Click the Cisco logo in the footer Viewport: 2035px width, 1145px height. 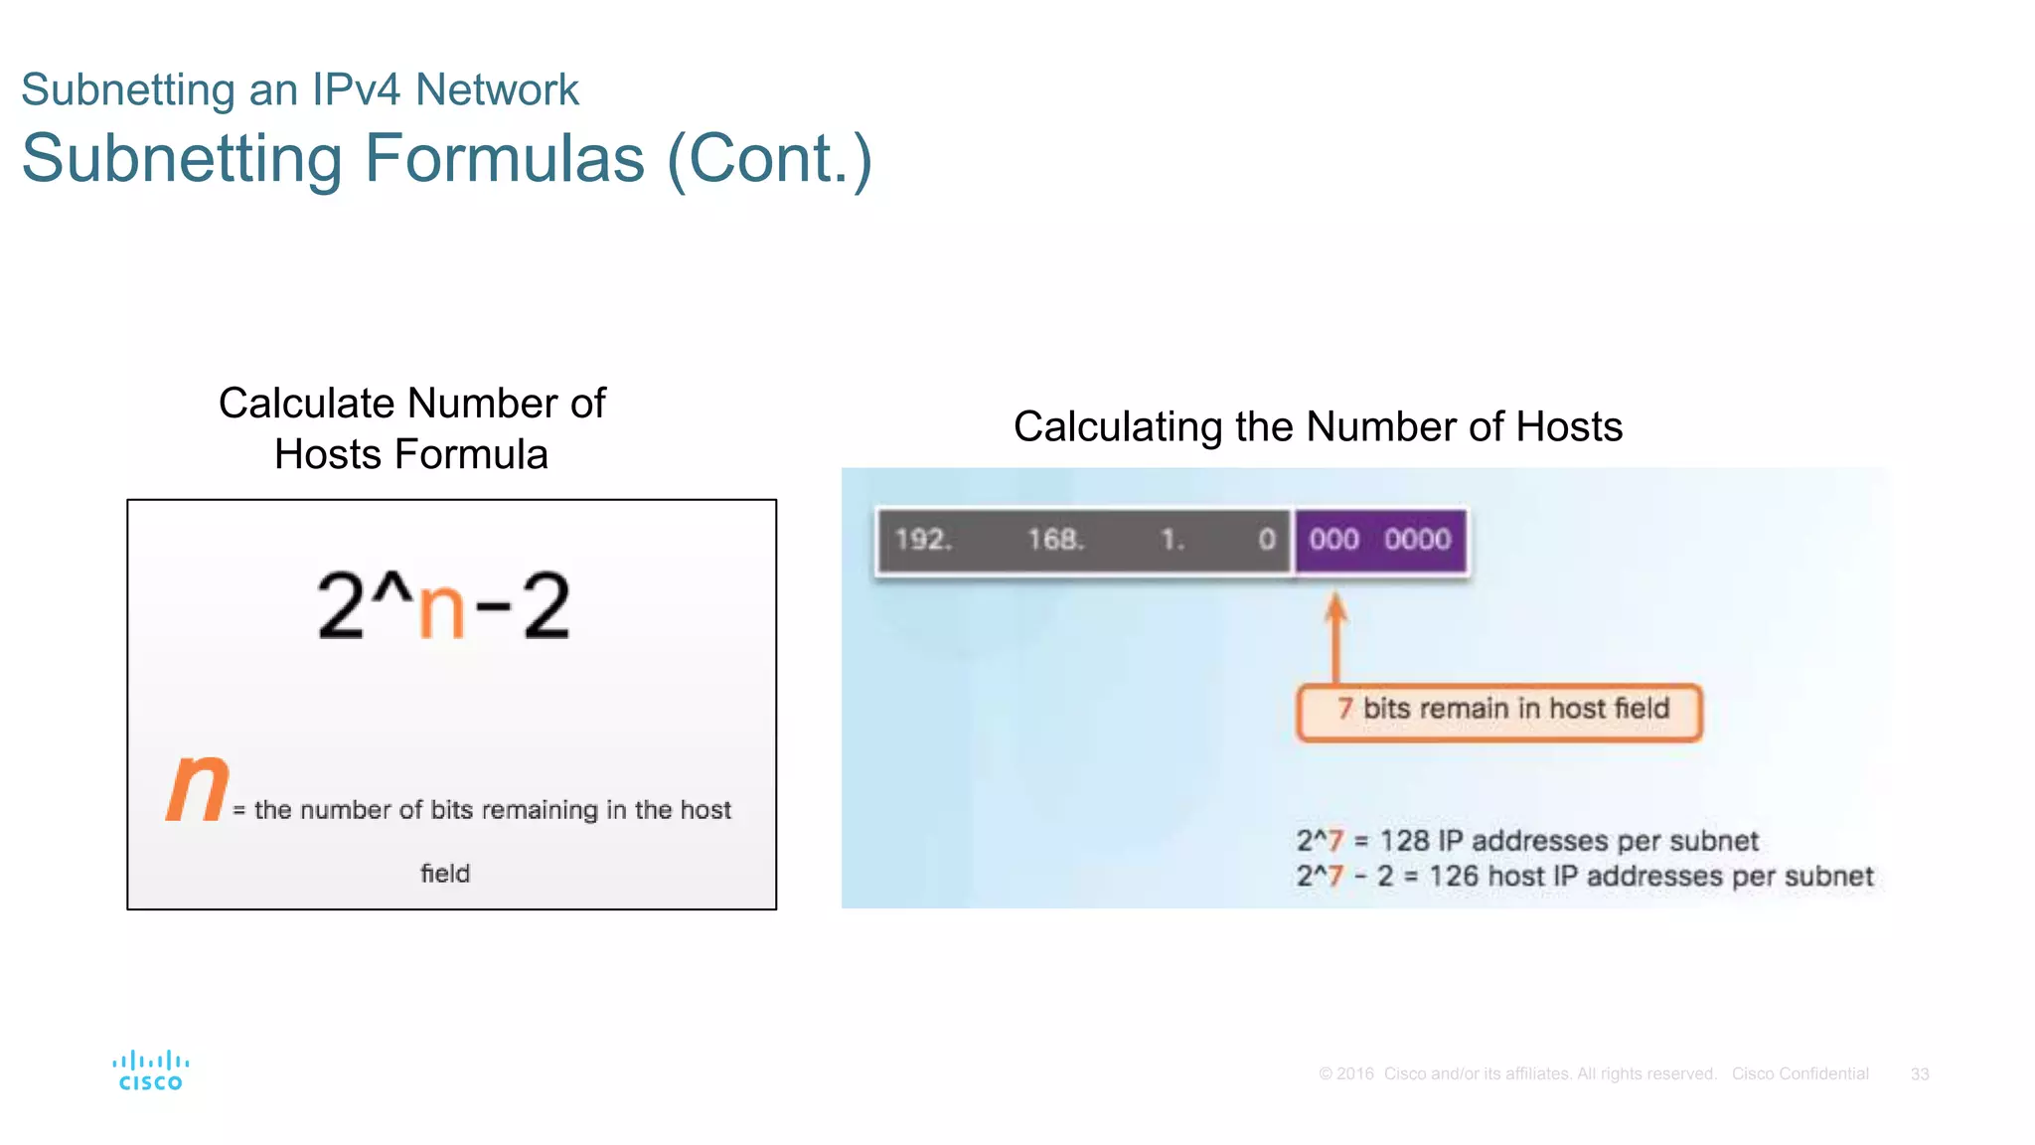(150, 1070)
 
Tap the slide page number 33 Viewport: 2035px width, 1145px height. (1919, 1074)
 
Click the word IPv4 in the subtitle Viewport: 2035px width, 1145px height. (356, 89)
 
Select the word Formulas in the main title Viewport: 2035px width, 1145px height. (504, 159)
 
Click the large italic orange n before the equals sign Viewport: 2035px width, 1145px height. (198, 787)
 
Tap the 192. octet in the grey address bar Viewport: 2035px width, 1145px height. (923, 540)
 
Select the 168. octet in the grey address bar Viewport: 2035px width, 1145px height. (1055, 540)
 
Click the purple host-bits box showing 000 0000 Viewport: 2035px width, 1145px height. (1380, 540)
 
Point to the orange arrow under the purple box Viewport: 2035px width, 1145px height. (1336, 636)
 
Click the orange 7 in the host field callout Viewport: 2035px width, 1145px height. (1344, 709)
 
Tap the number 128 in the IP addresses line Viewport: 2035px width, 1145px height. (1404, 841)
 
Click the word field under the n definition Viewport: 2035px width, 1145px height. (445, 874)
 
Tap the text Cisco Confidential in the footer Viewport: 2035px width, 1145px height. (1800, 1074)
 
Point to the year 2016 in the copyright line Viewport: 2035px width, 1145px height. (1354, 1074)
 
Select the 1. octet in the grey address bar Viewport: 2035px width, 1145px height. (1173, 540)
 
